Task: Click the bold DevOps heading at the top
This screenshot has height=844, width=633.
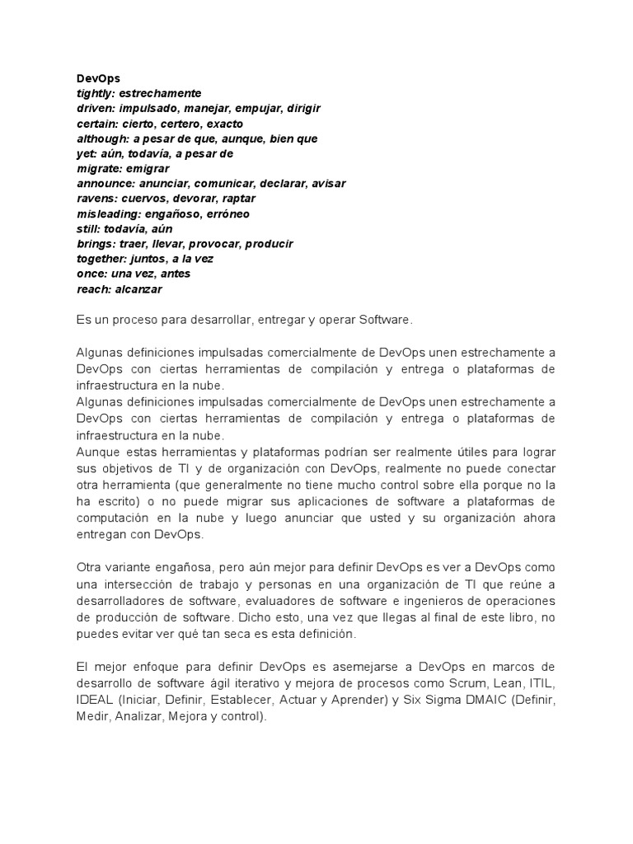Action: point(98,78)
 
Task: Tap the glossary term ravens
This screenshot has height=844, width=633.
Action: point(94,199)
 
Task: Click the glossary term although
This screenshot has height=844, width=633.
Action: point(101,138)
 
